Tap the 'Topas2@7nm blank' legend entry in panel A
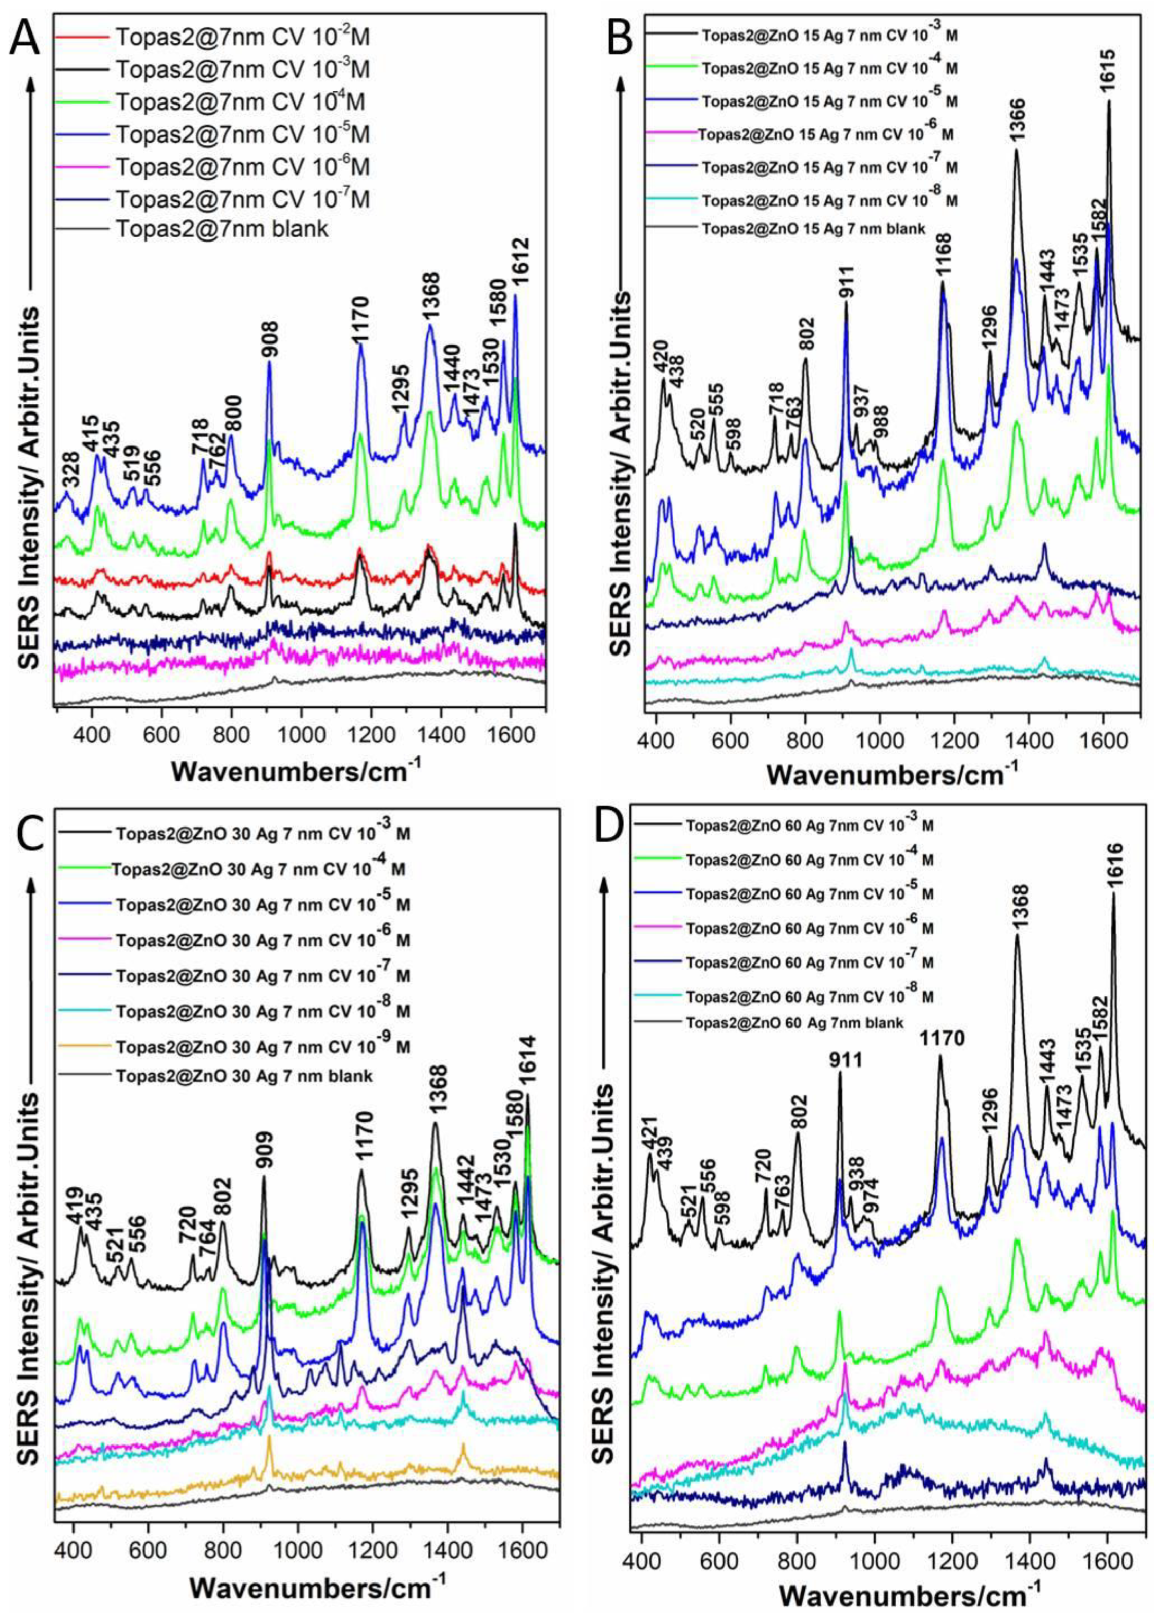[222, 230]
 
